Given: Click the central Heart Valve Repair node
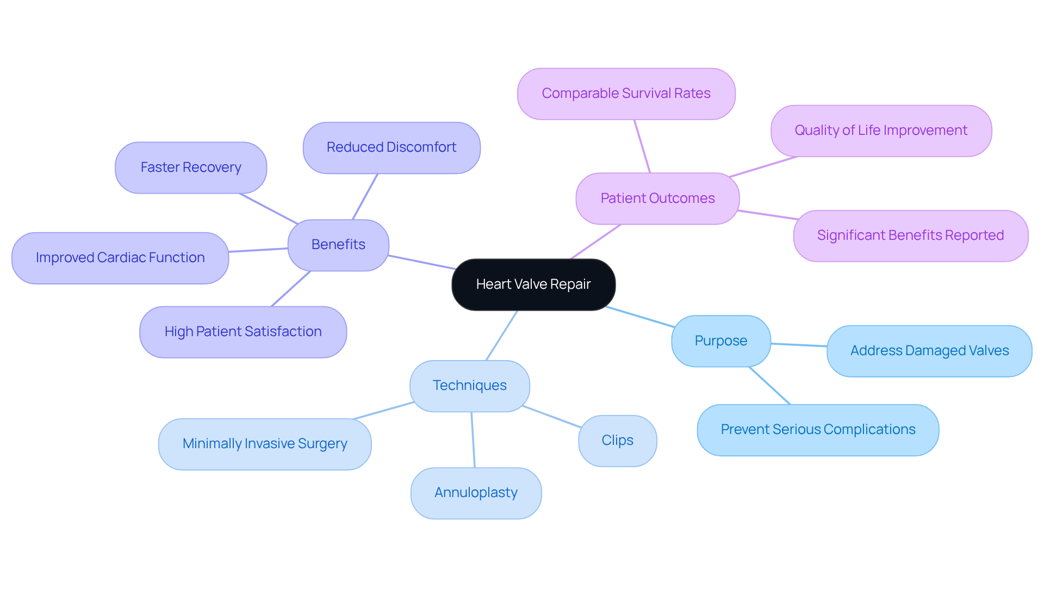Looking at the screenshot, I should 533,284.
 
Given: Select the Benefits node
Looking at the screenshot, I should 338,245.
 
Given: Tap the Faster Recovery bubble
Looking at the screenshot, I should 191,168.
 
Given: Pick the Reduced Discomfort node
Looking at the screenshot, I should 391,147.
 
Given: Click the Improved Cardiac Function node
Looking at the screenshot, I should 120,258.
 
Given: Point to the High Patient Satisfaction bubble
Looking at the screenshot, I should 243,332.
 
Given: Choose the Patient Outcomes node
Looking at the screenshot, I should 657,199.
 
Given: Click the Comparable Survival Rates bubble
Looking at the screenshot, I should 626,94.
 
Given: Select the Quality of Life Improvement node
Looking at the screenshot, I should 881,131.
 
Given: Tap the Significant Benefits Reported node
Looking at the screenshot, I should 910,235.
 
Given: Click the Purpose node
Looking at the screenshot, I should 721,341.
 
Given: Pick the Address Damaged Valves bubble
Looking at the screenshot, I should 929,351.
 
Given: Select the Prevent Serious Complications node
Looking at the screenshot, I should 818,430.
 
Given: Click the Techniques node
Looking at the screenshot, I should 470,386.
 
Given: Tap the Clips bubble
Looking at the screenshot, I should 617,441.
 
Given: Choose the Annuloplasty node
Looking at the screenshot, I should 476,493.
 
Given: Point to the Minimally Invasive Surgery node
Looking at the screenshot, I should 265,444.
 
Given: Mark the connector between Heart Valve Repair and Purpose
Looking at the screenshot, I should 640,317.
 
